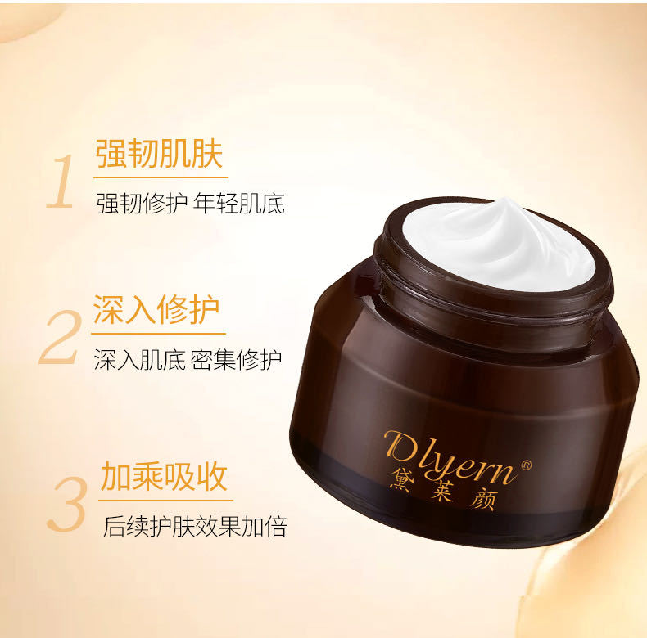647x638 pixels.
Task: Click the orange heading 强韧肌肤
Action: tap(160, 153)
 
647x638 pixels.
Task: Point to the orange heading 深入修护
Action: tap(156, 309)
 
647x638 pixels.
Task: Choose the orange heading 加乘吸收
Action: tap(164, 476)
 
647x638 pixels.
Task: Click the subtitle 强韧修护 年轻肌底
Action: tap(191, 203)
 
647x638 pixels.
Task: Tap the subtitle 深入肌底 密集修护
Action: tap(188, 359)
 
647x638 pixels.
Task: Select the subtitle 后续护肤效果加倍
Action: tap(195, 526)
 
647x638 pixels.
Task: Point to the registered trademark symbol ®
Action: tap(527, 465)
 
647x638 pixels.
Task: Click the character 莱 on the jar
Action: tap(442, 490)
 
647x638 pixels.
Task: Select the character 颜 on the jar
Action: tap(483, 499)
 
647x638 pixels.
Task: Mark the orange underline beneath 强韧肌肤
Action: tap(161, 177)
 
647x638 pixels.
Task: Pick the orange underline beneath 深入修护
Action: tap(158, 334)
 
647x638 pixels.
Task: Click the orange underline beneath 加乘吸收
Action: tap(165, 501)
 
